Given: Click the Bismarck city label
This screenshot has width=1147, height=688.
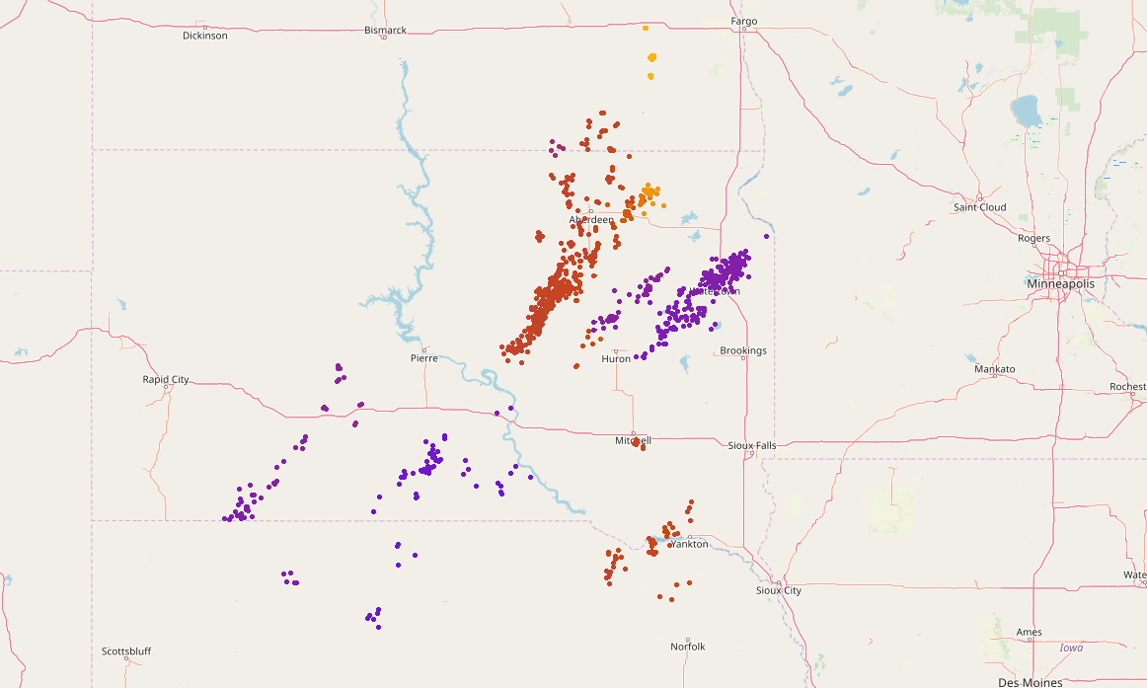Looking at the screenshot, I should [385, 30].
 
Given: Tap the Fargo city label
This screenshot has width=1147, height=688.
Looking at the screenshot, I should [743, 21].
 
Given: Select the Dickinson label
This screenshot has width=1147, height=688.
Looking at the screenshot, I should [205, 36].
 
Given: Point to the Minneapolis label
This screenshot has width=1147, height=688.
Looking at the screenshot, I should [1060, 283].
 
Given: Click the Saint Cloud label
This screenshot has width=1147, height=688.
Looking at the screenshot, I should [979, 207].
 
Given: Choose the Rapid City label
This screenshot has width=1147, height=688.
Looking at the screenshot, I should [166, 379].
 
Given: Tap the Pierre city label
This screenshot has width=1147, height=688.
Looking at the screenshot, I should [423, 358].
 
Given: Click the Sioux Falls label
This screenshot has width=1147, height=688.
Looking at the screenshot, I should [752, 445].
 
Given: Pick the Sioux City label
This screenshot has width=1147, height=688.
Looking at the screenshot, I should [779, 590].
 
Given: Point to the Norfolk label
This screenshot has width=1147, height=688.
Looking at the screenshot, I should [688, 647].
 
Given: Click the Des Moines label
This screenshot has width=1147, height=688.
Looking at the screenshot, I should [1031, 682].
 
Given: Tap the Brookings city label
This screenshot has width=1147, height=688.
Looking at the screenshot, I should [743, 350].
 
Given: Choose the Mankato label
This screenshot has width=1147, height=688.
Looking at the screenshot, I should [994, 369].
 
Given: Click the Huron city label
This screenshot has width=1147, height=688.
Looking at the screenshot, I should [616, 358].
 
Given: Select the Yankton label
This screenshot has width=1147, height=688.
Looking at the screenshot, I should [689, 544].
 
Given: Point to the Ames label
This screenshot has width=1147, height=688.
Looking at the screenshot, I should [1029, 632].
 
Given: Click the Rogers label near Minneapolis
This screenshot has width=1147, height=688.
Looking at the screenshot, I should [1034, 238].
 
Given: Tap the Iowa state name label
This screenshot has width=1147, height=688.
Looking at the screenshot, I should [1071, 648].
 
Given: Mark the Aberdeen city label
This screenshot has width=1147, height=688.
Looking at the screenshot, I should [591, 219].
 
